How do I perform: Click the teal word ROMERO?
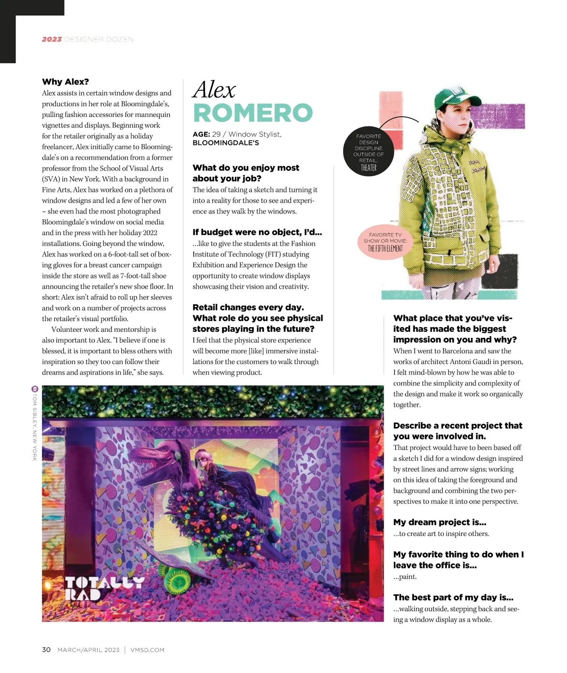coord(253,113)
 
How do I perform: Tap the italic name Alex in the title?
coord(214,89)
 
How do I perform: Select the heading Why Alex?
coord(65,82)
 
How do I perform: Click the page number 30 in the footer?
coord(46,650)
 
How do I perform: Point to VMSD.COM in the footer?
coord(147,650)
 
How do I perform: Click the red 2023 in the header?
coord(52,39)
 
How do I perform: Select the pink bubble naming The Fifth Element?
coord(385,242)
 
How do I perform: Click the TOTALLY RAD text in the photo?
coord(103,587)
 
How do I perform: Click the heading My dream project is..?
coord(439,522)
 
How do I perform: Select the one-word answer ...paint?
coord(405,577)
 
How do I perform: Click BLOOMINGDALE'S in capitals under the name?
coord(226,143)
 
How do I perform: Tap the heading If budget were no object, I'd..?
coord(257,232)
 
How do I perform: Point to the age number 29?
coord(216,134)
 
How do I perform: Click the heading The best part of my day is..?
coord(453,597)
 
